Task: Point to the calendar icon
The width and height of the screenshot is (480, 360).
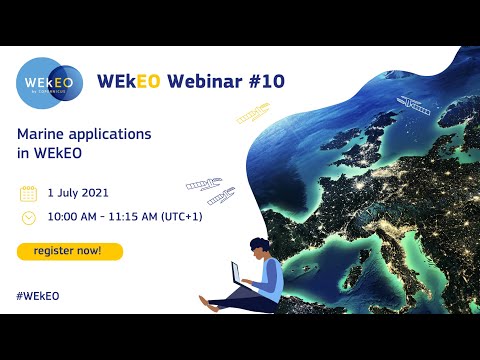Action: [x=28, y=194]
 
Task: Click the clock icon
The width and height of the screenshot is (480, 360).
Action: [x=28, y=216]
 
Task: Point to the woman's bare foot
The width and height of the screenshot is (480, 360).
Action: [x=205, y=300]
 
